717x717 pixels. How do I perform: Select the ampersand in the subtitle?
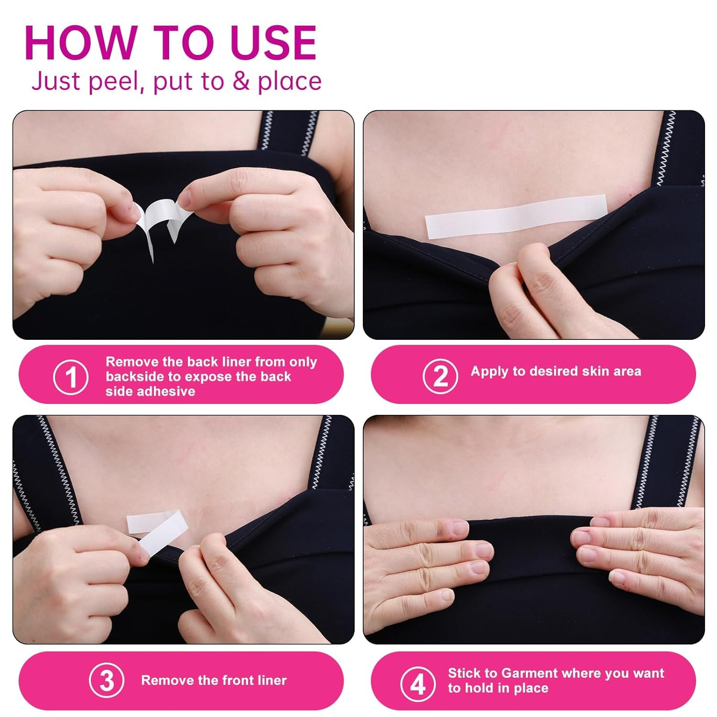click(x=241, y=81)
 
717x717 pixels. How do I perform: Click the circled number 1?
click(x=71, y=377)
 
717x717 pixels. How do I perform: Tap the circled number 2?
click(x=440, y=376)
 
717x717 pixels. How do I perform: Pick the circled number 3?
click(x=107, y=681)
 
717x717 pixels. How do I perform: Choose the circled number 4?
click(x=418, y=684)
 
